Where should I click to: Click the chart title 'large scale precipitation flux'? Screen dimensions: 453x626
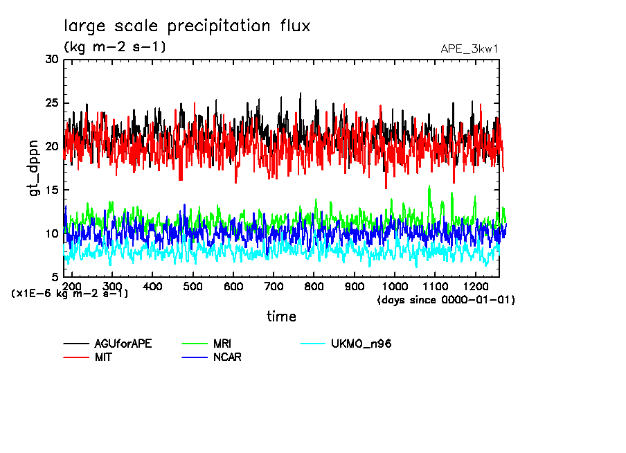(187, 26)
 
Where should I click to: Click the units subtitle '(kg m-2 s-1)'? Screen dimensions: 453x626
(115, 47)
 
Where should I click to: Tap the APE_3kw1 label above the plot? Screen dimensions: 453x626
(469, 49)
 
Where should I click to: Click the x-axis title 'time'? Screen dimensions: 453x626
(281, 317)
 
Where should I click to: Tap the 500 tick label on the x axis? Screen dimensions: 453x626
(193, 286)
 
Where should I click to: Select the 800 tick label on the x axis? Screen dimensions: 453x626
(314, 286)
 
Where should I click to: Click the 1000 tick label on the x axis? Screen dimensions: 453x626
(395, 286)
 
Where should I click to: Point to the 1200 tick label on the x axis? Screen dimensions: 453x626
(476, 286)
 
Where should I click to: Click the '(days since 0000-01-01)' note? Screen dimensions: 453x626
(446, 300)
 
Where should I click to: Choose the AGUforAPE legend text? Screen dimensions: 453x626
(123, 344)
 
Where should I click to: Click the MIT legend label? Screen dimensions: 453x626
(104, 357)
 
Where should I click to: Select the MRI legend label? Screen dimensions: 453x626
(223, 344)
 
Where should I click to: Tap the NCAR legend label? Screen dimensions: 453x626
(227, 357)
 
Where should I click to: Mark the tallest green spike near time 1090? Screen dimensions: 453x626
(429, 186)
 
